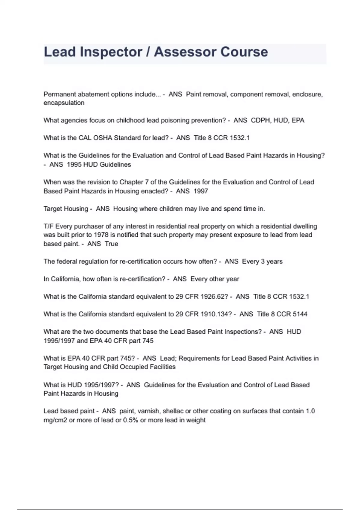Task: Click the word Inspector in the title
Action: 111,52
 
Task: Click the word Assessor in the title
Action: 184,52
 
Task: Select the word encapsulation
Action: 64,103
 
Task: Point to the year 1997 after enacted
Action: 201,191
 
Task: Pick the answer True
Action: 111,244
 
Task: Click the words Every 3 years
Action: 262,262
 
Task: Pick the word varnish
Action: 148,411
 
